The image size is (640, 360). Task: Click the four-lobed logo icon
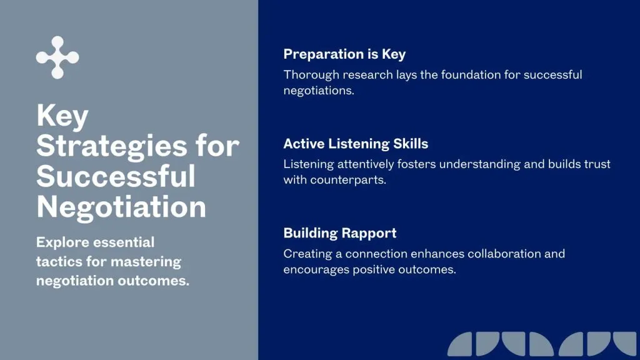pyautogui.click(x=57, y=57)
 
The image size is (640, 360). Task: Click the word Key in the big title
pyautogui.click(x=62, y=116)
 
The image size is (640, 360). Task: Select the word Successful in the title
pyautogui.click(x=116, y=176)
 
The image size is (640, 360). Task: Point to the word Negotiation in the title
pyautogui.click(x=121, y=207)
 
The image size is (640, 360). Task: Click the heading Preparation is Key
pyautogui.click(x=344, y=54)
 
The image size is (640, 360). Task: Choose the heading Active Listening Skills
pyautogui.click(x=356, y=144)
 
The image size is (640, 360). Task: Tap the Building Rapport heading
pyautogui.click(x=340, y=233)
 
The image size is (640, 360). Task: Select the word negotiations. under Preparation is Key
pyautogui.click(x=319, y=91)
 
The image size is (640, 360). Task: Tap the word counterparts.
pyautogui.click(x=348, y=180)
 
